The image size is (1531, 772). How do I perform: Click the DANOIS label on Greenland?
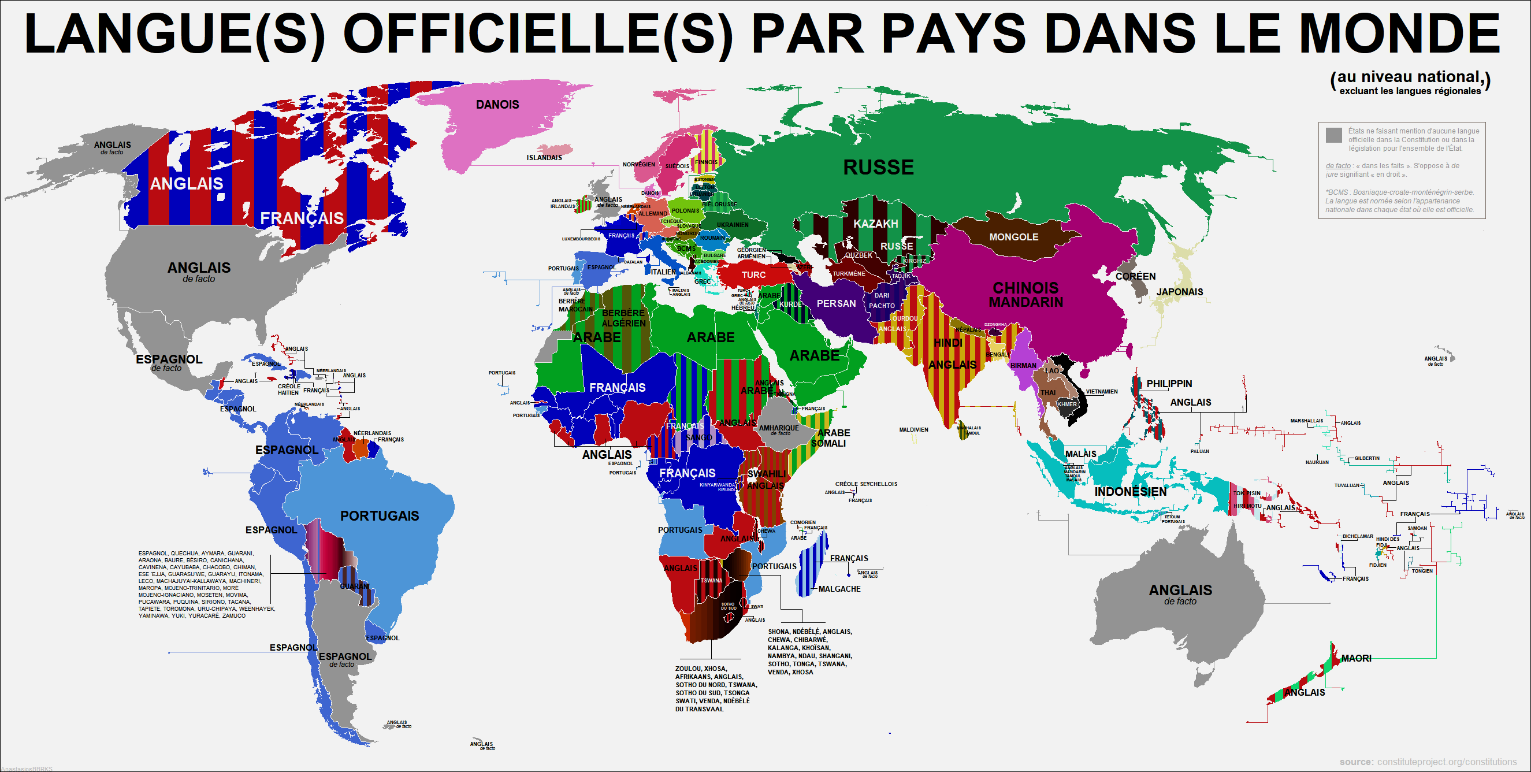pyautogui.click(x=497, y=105)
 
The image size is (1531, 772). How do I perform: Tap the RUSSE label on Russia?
pyautogui.click(x=878, y=168)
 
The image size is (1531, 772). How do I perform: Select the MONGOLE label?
pyautogui.click(x=1013, y=237)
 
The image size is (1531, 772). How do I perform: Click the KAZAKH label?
pyautogui.click(x=875, y=224)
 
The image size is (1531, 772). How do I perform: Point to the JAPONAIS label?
pyautogui.click(x=1179, y=292)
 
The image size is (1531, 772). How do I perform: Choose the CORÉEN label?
pyautogui.click(x=1135, y=276)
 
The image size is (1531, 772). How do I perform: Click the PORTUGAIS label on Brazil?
pyautogui.click(x=379, y=516)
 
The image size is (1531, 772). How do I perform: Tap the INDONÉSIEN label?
pyautogui.click(x=1131, y=492)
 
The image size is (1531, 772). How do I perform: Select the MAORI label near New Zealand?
pyautogui.click(x=1357, y=659)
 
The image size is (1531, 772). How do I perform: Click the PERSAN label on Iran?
pyautogui.click(x=836, y=304)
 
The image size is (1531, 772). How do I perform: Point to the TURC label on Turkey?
pyautogui.click(x=753, y=275)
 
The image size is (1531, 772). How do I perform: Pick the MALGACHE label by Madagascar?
pyautogui.click(x=839, y=589)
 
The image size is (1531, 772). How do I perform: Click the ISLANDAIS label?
pyautogui.click(x=544, y=158)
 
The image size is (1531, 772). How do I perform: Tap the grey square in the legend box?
pyautogui.click(x=1333, y=135)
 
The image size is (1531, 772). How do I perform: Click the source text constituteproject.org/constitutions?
pyautogui.click(x=1447, y=762)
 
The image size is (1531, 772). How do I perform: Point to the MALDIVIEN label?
pyautogui.click(x=913, y=430)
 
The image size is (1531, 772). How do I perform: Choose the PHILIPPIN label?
pyautogui.click(x=1169, y=384)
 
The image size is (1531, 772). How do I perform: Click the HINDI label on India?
pyautogui.click(x=948, y=343)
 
